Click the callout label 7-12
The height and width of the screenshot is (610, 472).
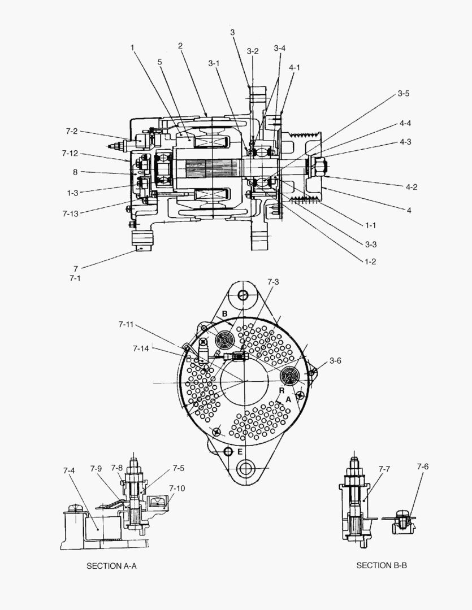click(70, 153)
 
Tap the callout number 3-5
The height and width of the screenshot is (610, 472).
click(403, 93)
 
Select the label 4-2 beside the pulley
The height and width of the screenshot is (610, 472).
click(411, 187)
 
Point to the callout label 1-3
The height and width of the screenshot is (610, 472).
click(72, 193)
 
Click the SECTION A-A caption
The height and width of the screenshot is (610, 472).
click(111, 565)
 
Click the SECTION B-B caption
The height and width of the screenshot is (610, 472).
click(382, 565)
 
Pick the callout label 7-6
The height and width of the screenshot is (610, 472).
click(423, 467)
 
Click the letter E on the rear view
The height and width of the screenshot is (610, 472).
click(240, 452)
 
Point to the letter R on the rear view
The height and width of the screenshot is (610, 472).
click(281, 390)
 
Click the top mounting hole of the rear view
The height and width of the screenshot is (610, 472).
click(243, 295)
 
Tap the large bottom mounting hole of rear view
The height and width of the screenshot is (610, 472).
click(247, 468)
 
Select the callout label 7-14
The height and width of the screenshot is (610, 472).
click(141, 348)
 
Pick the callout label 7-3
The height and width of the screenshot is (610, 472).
click(273, 281)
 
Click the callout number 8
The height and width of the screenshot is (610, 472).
click(75, 172)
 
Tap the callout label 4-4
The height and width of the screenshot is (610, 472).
click(405, 123)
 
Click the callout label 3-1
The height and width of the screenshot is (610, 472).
click(214, 63)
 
